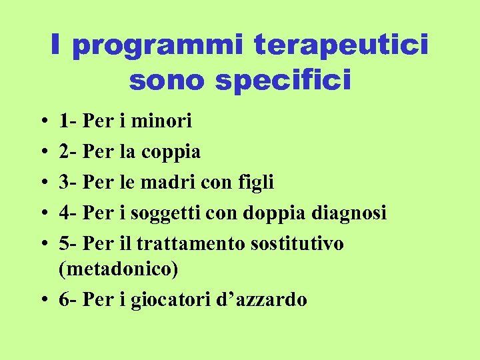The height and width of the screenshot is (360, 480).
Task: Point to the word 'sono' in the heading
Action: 163,81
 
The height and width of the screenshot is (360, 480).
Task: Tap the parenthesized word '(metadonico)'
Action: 119,269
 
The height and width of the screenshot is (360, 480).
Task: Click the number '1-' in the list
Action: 67,121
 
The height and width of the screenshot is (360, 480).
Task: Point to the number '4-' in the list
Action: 67,213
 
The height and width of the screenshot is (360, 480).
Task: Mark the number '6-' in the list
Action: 67,300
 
